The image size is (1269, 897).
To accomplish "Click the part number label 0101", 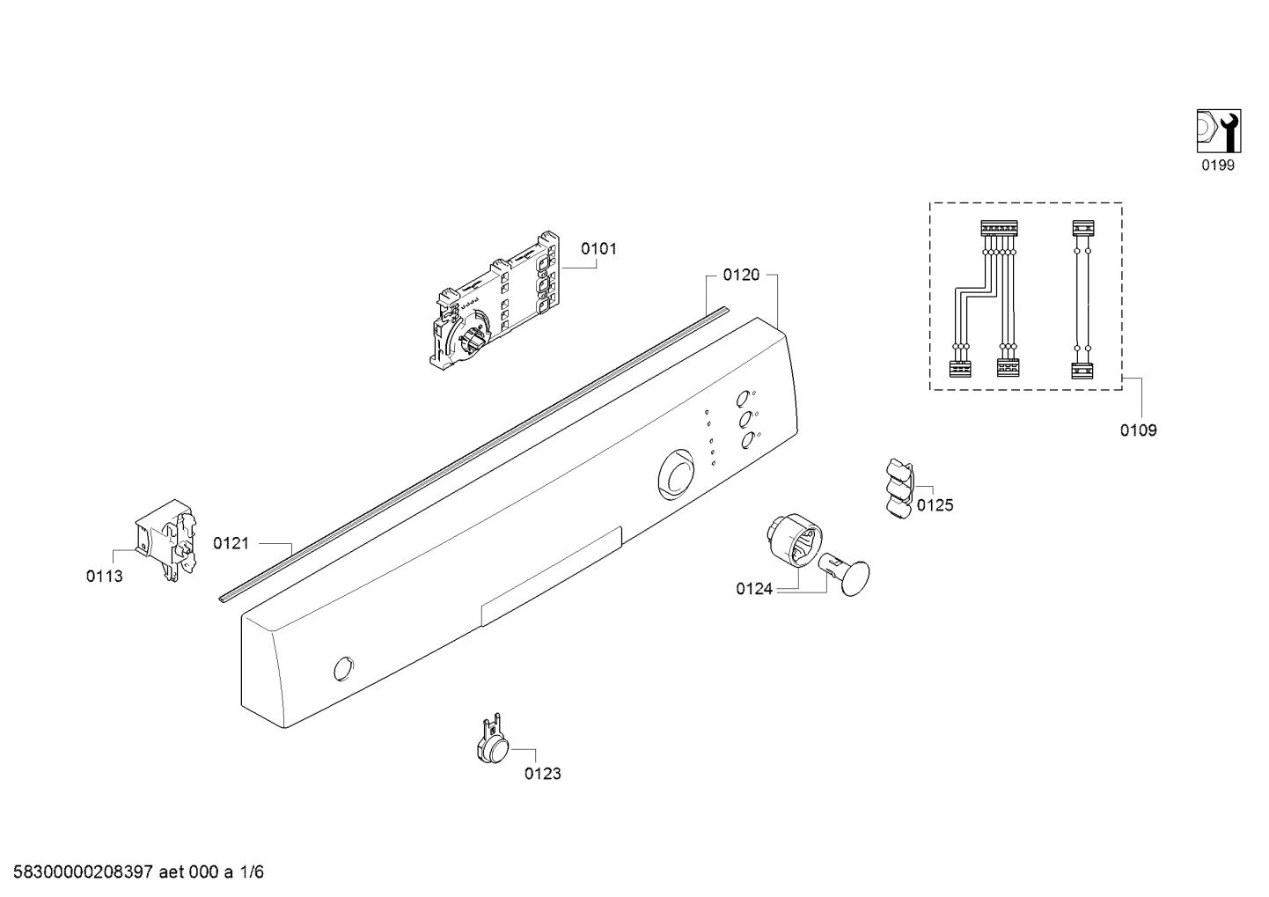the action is (x=598, y=249).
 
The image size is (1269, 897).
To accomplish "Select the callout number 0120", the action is (x=741, y=276).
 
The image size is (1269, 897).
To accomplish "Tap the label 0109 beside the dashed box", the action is (x=1139, y=430).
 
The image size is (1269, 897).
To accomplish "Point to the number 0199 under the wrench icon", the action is (x=1218, y=165).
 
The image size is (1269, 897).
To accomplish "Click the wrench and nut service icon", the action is (x=1219, y=131).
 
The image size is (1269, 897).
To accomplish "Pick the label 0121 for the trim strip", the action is (x=231, y=543).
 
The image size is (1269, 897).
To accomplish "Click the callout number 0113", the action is (x=104, y=577).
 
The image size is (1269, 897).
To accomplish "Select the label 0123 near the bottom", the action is (x=543, y=774).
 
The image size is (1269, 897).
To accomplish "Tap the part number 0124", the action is (x=754, y=589).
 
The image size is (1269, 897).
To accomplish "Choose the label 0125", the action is (x=935, y=505).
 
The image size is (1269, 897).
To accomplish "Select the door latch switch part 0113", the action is (x=165, y=540).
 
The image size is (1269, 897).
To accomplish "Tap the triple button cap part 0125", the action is (x=899, y=489).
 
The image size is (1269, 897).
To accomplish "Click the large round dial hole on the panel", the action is (x=676, y=474).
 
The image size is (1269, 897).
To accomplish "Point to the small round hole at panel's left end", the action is (x=343, y=669).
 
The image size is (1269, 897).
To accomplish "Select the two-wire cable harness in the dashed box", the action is (x=1082, y=299).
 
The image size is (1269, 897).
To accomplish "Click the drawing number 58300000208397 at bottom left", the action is (x=84, y=872).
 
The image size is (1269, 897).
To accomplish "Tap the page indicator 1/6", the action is (x=251, y=872).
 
